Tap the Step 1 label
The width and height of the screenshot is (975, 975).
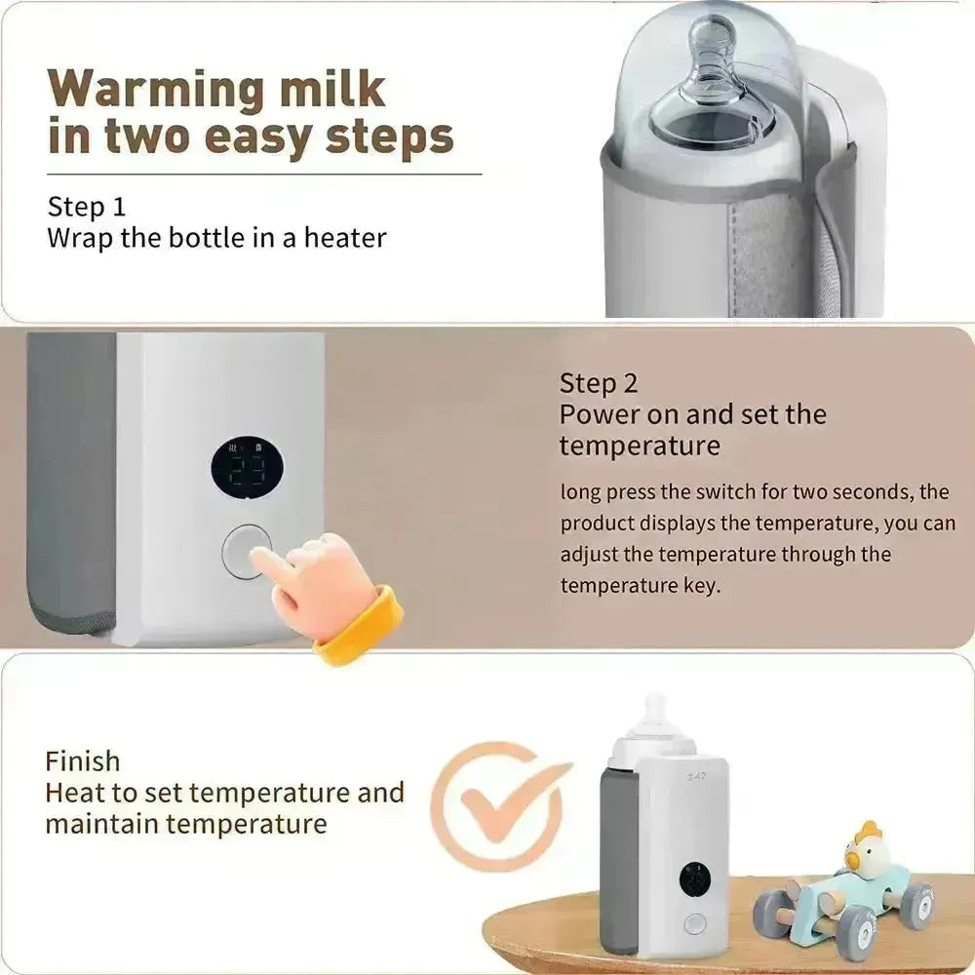click(x=87, y=207)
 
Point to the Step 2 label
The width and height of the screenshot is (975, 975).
click(x=598, y=382)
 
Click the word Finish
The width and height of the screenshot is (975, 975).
click(x=83, y=760)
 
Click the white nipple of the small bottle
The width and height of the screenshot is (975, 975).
click(x=655, y=717)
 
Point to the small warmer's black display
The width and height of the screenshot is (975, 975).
click(x=694, y=879)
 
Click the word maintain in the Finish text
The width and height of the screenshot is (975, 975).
click(x=100, y=824)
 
